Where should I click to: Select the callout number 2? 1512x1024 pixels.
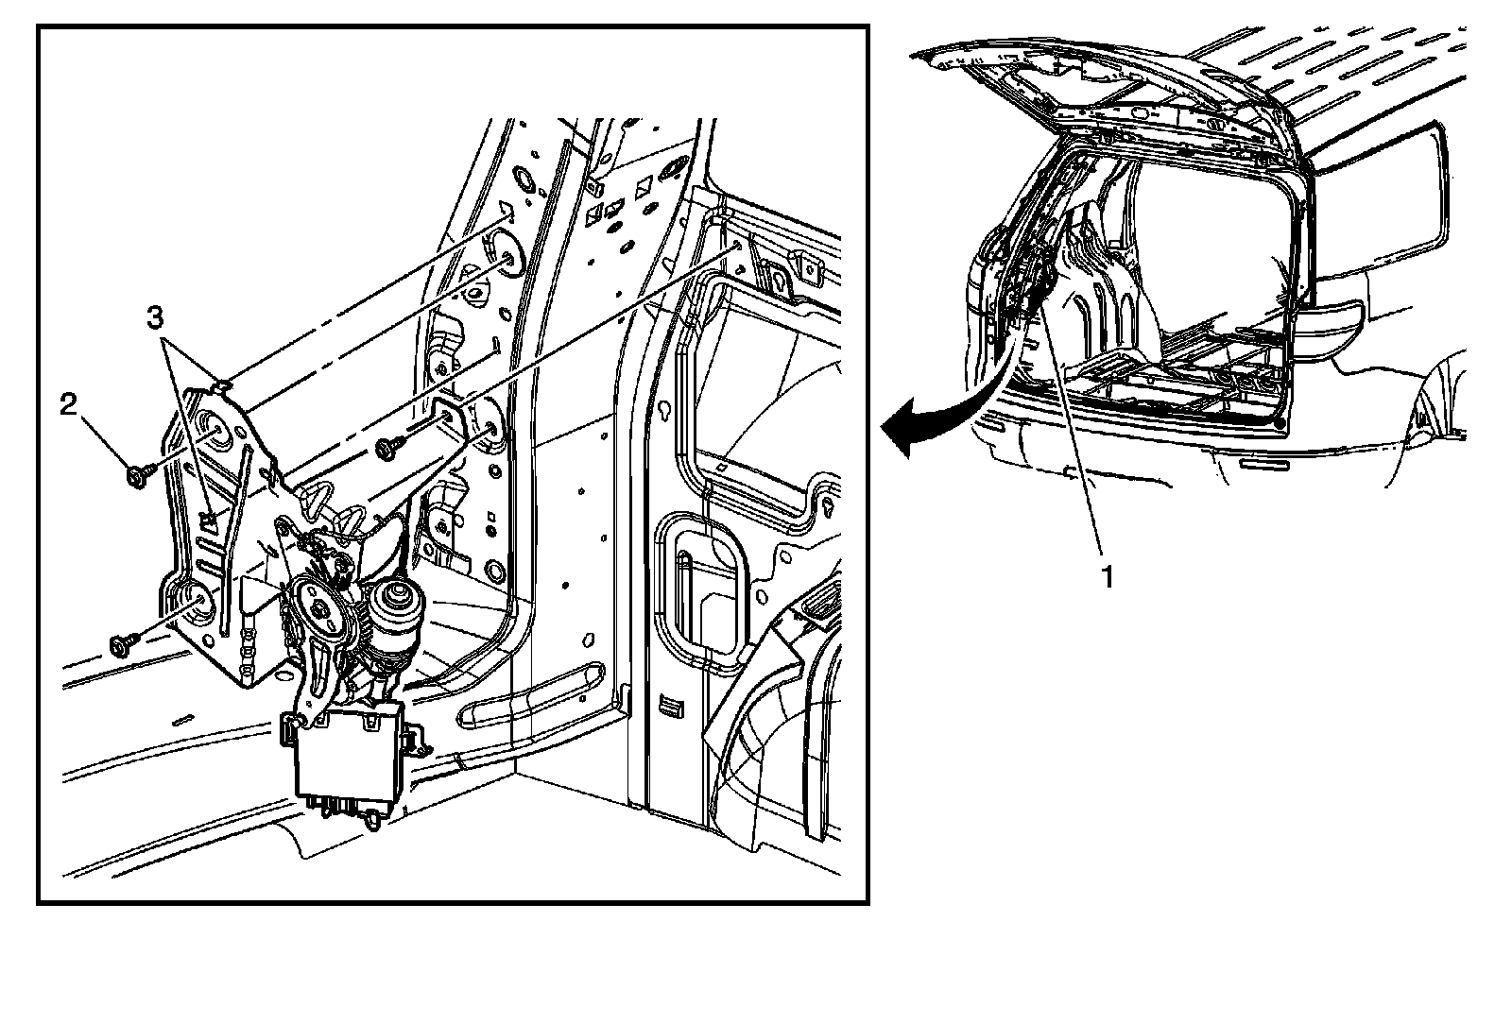coord(68,405)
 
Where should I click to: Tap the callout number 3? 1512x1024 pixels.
coord(160,318)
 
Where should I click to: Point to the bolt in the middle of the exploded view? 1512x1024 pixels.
coord(387,450)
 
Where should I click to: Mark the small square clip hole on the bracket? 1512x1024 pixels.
coord(210,517)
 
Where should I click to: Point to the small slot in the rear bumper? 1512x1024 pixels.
coord(1264,466)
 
